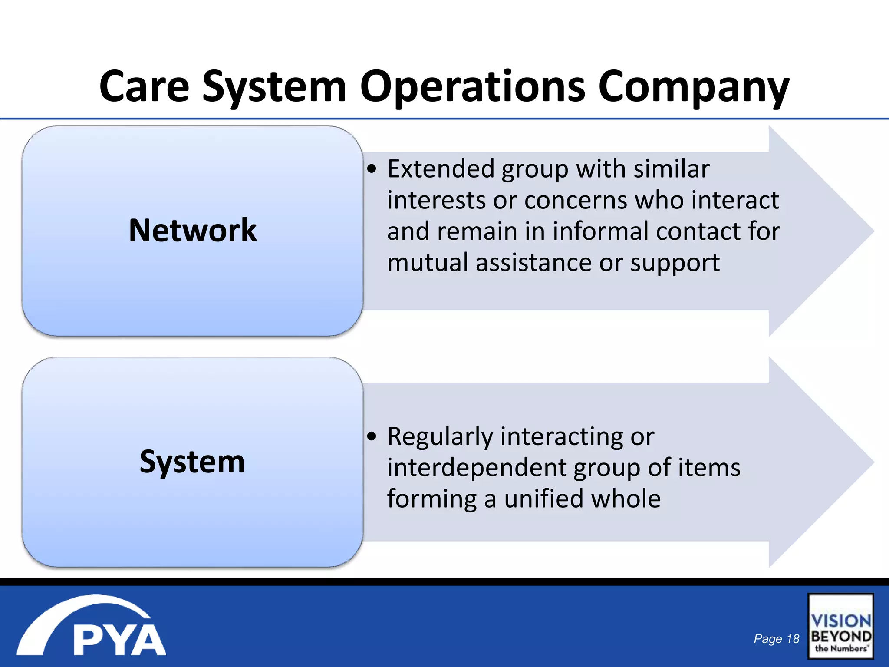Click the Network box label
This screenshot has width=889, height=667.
click(193, 230)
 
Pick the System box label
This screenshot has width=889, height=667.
click(192, 462)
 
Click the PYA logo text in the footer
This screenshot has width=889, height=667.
click(119, 640)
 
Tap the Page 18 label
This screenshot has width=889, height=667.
click(776, 639)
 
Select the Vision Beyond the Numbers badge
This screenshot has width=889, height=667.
click(840, 626)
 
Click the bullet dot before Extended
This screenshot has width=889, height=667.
click(372, 169)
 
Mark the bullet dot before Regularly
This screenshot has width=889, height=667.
click(372, 436)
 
